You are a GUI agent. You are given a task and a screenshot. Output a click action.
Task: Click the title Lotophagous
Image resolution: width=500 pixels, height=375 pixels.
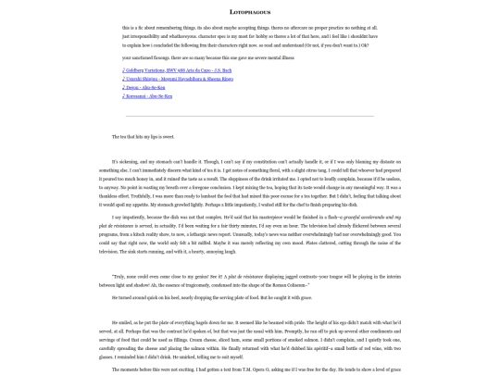[249, 12]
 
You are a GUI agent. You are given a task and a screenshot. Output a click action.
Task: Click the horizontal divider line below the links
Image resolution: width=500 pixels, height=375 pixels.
[249, 116]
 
